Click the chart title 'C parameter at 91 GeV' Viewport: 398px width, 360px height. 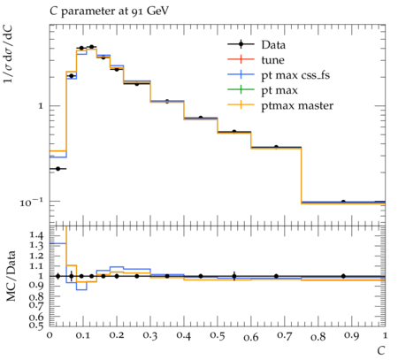pos(109,11)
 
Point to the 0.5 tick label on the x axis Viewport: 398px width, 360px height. pos(218,335)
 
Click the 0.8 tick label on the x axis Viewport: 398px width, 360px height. pos(318,336)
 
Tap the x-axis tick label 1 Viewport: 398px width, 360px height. pos(385,335)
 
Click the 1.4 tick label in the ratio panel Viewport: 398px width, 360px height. pos(36,235)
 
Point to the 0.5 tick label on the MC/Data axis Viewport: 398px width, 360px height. pos(36,326)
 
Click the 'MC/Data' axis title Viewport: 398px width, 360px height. pos(11,276)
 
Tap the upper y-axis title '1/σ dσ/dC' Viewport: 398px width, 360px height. pos(8,54)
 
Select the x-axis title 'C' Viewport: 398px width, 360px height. pos(381,351)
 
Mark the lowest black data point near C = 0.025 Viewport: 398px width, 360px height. pos(57,169)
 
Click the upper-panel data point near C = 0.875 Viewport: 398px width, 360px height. pos(343,202)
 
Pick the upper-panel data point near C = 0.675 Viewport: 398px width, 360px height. pos(276,147)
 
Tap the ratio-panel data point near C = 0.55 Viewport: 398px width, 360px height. pos(234,276)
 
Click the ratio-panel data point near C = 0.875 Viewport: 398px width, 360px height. pos(343,276)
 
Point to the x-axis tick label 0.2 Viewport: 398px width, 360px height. pos(117,335)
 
